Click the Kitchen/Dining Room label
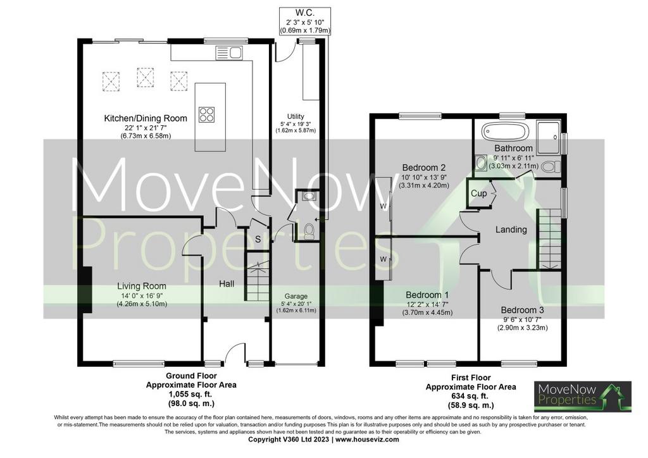(146, 118)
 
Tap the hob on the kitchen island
(207, 114)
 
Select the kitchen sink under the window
(229, 53)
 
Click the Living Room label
(142, 286)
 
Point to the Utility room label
(296, 116)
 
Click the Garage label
(296, 296)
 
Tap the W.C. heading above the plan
(306, 13)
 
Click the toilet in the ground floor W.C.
(309, 232)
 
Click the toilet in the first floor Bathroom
(551, 167)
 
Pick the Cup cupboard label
(478, 194)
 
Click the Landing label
(511, 230)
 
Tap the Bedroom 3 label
(522, 310)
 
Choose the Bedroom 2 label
(423, 168)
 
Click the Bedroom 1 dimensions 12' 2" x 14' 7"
(427, 304)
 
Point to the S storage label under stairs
(258, 239)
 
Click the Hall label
(227, 284)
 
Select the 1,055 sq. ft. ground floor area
(191, 394)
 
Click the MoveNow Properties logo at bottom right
(583, 397)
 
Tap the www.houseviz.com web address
(367, 440)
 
